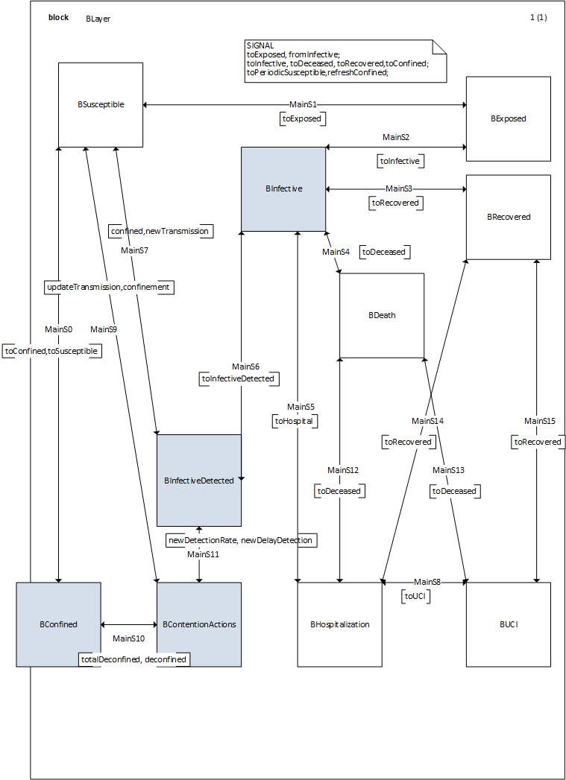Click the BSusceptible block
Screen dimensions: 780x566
pyautogui.click(x=101, y=104)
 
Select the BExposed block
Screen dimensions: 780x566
pyautogui.click(x=509, y=118)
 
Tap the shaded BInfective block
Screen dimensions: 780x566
pyautogui.click(x=283, y=189)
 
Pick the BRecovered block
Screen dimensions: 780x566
pyautogui.click(x=509, y=217)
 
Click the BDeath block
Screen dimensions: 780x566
pyautogui.click(x=382, y=315)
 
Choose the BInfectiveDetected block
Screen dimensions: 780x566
pyautogui.click(x=199, y=481)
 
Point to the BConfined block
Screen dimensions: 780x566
pyautogui.click(x=59, y=624)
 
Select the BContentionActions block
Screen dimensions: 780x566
pyautogui.click(x=199, y=624)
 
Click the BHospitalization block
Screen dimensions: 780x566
pyautogui.click(x=340, y=624)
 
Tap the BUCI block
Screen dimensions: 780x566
pyautogui.click(x=509, y=624)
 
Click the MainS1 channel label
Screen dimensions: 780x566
pyautogui.click(x=303, y=105)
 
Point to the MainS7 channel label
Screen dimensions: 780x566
pyautogui.click(x=135, y=250)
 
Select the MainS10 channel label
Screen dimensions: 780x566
pyautogui.click(x=128, y=638)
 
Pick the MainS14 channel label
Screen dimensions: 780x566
pyautogui.click(x=427, y=421)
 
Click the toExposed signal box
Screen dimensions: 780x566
pyautogui.click(x=303, y=118)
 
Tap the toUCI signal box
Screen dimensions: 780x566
pyautogui.click(x=417, y=596)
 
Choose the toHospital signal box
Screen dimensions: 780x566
pyautogui.click(x=295, y=421)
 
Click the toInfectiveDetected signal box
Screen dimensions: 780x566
pyautogui.click(x=238, y=378)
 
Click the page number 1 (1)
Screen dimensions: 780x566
pyautogui.click(x=538, y=18)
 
